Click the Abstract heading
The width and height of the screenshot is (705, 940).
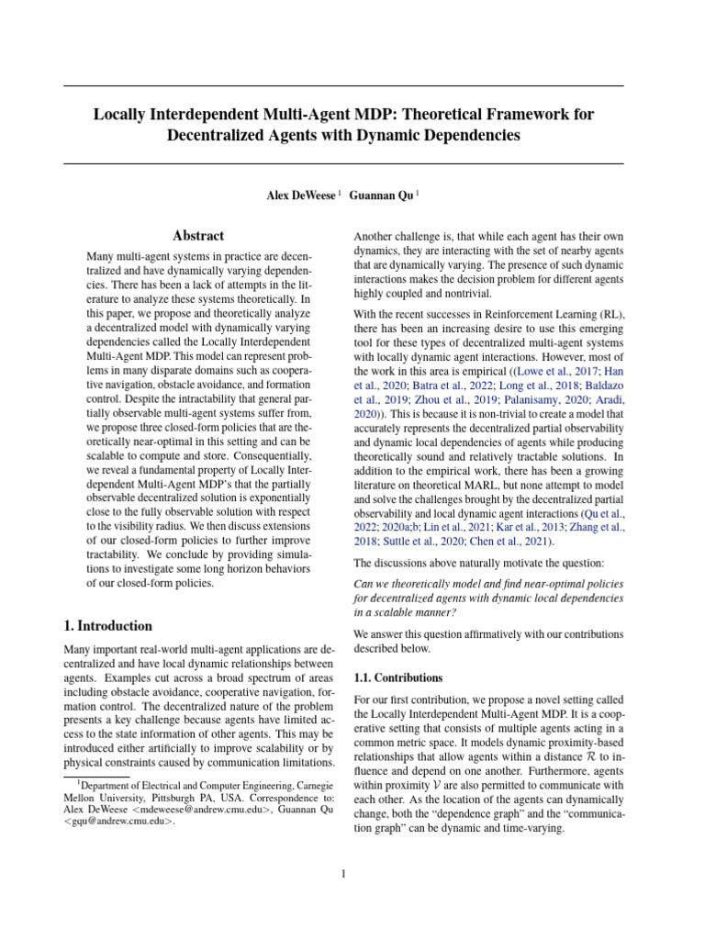click(x=200, y=236)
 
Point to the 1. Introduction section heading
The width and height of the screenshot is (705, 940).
click(x=108, y=626)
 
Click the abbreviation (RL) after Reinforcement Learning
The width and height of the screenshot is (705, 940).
click(x=608, y=313)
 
